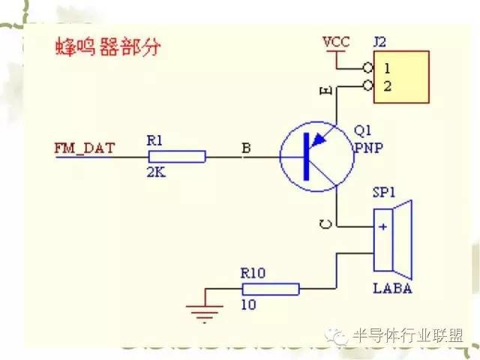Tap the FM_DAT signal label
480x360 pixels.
pos(84,148)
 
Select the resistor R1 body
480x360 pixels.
pos(177,156)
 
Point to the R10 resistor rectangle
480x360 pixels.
pos(270,289)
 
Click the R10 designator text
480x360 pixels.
pos(253,274)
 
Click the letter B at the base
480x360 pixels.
pos(244,148)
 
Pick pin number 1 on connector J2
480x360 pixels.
pos(387,68)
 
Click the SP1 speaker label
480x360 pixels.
pos(384,193)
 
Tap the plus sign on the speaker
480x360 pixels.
pos(383,226)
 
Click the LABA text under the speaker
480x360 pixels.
pos(392,289)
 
